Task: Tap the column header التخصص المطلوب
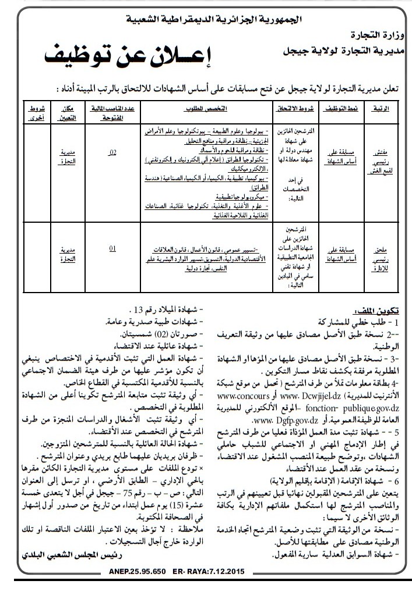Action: pos(207,109)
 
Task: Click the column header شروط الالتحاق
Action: pos(294,109)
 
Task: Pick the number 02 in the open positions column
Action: pos(112,153)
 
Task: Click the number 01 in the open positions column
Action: pos(112,249)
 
